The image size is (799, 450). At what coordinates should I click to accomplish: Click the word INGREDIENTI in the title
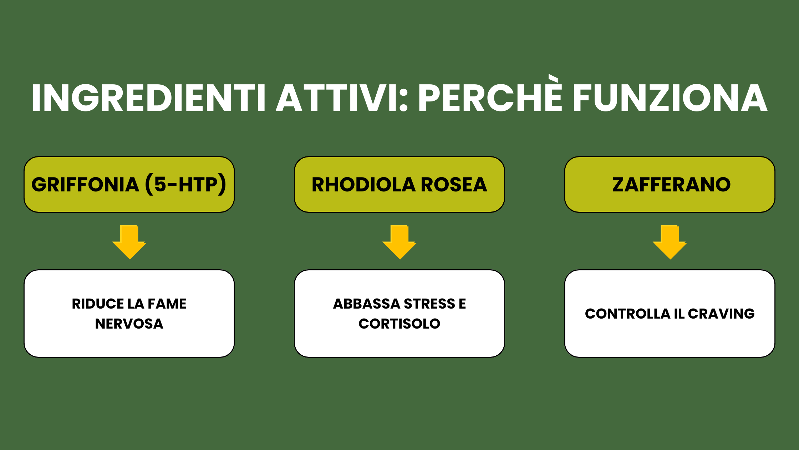[x=148, y=98]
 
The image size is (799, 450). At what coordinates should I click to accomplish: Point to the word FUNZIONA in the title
[x=670, y=98]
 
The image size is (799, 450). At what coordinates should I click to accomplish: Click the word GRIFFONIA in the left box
[x=85, y=185]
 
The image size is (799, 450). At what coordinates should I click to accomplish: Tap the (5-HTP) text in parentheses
[x=185, y=184]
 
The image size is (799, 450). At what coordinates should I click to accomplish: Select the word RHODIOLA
[x=364, y=185]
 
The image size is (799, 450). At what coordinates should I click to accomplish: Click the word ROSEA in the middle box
[x=454, y=185]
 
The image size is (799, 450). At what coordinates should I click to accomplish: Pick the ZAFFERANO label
[x=672, y=185]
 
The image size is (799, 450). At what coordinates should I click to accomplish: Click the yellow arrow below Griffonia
[x=129, y=242]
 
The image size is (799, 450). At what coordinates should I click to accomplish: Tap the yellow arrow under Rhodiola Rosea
[x=399, y=242]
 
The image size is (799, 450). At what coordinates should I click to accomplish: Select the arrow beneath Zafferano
[x=670, y=242]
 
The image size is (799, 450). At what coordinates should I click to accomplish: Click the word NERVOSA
[x=129, y=324]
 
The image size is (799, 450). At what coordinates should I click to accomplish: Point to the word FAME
[x=167, y=304]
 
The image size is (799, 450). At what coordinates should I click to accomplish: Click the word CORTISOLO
[x=399, y=324]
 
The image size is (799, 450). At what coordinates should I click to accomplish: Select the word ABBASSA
[x=367, y=304]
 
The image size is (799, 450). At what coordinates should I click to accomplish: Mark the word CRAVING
[x=721, y=314]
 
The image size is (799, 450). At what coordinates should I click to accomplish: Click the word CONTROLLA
[x=628, y=314]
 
